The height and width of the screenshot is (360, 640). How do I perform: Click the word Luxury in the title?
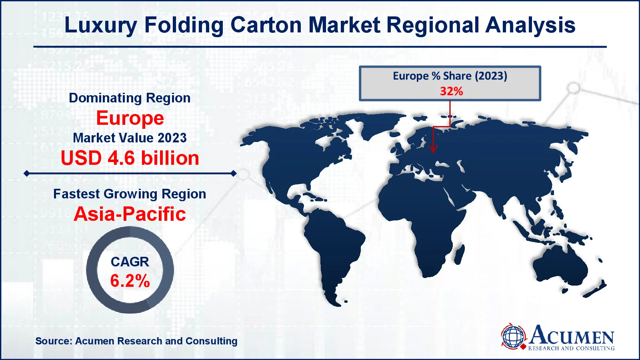(101, 25)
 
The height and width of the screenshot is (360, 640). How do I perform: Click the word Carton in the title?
(266, 25)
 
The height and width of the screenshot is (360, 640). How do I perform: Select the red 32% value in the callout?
(451, 91)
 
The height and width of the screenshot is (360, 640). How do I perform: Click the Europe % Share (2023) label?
(450, 76)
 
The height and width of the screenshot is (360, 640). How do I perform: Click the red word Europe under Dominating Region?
(130, 118)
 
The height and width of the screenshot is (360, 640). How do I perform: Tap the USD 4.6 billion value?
(130, 158)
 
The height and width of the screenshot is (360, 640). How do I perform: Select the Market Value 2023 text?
(130, 138)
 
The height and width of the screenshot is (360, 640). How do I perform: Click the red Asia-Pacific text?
(130, 214)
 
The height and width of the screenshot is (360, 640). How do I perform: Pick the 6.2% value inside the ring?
(130, 281)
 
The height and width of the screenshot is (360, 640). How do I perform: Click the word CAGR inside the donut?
(130, 262)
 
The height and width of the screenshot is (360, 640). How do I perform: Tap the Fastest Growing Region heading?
(130, 194)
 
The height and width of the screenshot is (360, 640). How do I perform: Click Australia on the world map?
(560, 266)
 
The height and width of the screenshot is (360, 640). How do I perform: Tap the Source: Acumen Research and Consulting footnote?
(136, 341)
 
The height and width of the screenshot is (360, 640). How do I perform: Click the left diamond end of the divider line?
(27, 174)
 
